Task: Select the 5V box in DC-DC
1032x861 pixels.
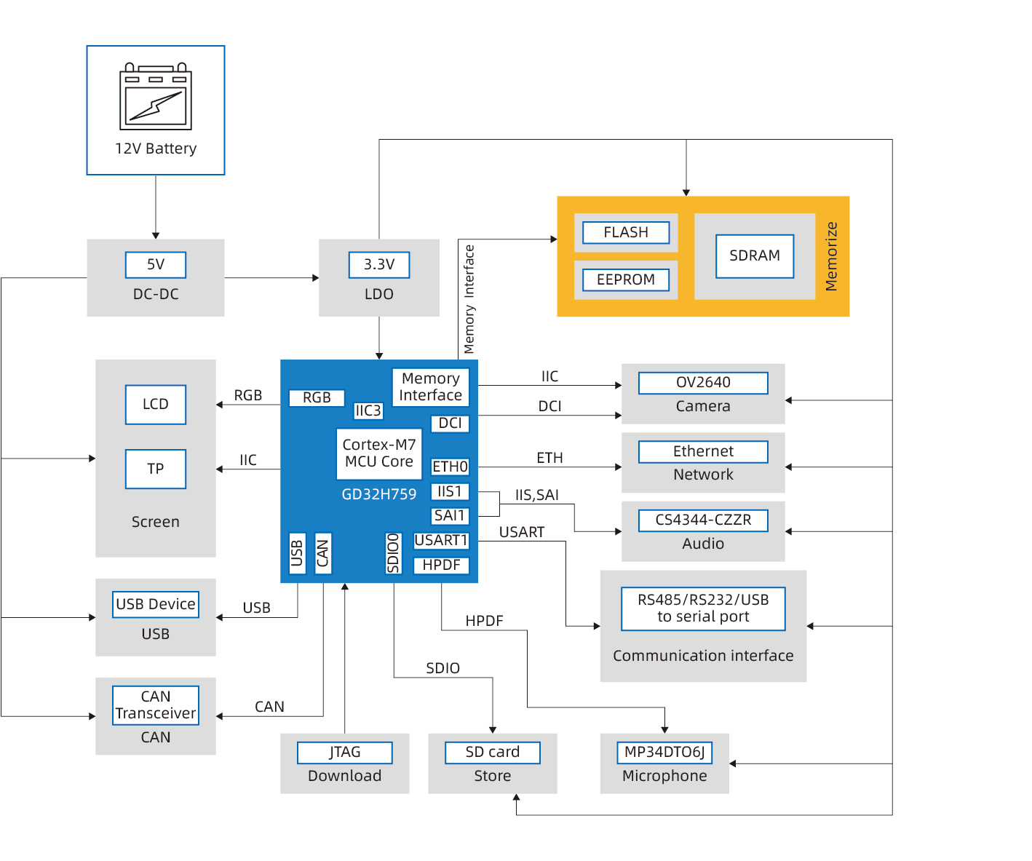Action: [156, 264]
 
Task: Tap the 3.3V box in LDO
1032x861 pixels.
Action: [379, 264]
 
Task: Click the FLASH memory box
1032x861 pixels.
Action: [626, 232]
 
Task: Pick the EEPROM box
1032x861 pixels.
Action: [626, 279]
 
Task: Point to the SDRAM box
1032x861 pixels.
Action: [755, 255]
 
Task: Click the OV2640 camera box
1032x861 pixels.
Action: [703, 383]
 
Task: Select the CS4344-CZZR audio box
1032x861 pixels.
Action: [703, 520]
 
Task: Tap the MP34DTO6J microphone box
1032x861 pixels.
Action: [664, 752]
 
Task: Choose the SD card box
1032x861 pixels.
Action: [493, 752]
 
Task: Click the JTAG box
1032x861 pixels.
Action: [345, 752]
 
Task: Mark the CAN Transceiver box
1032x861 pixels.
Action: [156, 705]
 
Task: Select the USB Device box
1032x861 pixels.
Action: [156, 604]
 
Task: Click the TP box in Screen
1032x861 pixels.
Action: [156, 469]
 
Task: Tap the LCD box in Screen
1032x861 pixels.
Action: [156, 405]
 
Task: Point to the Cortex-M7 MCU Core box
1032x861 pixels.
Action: [379, 453]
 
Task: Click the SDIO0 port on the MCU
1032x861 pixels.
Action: [394, 553]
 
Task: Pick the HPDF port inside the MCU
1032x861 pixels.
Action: [441, 566]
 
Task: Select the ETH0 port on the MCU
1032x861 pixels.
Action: [450, 467]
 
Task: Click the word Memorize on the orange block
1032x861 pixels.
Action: [832, 256]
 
